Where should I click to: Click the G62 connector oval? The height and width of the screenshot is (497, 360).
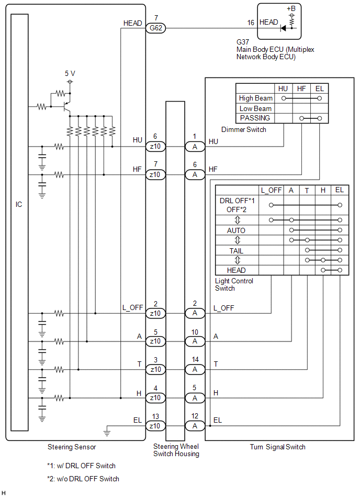pos(155,28)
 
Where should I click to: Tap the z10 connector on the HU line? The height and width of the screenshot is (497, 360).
pos(155,146)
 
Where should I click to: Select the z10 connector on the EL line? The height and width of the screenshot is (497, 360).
pos(155,426)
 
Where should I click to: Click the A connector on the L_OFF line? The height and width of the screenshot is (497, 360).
pos(195,313)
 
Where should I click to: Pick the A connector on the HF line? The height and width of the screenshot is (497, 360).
pos(195,174)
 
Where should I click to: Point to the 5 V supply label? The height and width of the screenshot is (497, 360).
pos(70,74)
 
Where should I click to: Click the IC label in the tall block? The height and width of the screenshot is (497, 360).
pos(19,204)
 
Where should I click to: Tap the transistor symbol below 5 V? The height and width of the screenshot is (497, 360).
pos(66,106)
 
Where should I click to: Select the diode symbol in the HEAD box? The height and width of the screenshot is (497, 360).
pos(284,28)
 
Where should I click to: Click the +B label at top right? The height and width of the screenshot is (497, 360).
pos(291,9)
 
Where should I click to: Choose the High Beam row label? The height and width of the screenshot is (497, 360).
pos(255,98)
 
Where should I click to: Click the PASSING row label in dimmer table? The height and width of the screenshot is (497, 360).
pos(255,118)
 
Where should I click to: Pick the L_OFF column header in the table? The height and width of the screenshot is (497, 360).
pos(271,190)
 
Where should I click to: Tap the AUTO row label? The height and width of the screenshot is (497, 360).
pos(236,230)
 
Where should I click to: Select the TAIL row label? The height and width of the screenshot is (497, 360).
pos(236,251)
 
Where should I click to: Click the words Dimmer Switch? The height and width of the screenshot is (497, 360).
pos(243,129)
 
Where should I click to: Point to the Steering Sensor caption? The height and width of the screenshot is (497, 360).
pos(72,447)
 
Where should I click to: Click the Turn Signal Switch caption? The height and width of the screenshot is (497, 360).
pos(277,447)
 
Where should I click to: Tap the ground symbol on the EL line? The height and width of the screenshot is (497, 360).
pos(107,432)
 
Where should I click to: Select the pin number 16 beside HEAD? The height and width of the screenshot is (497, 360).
pos(251,22)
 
